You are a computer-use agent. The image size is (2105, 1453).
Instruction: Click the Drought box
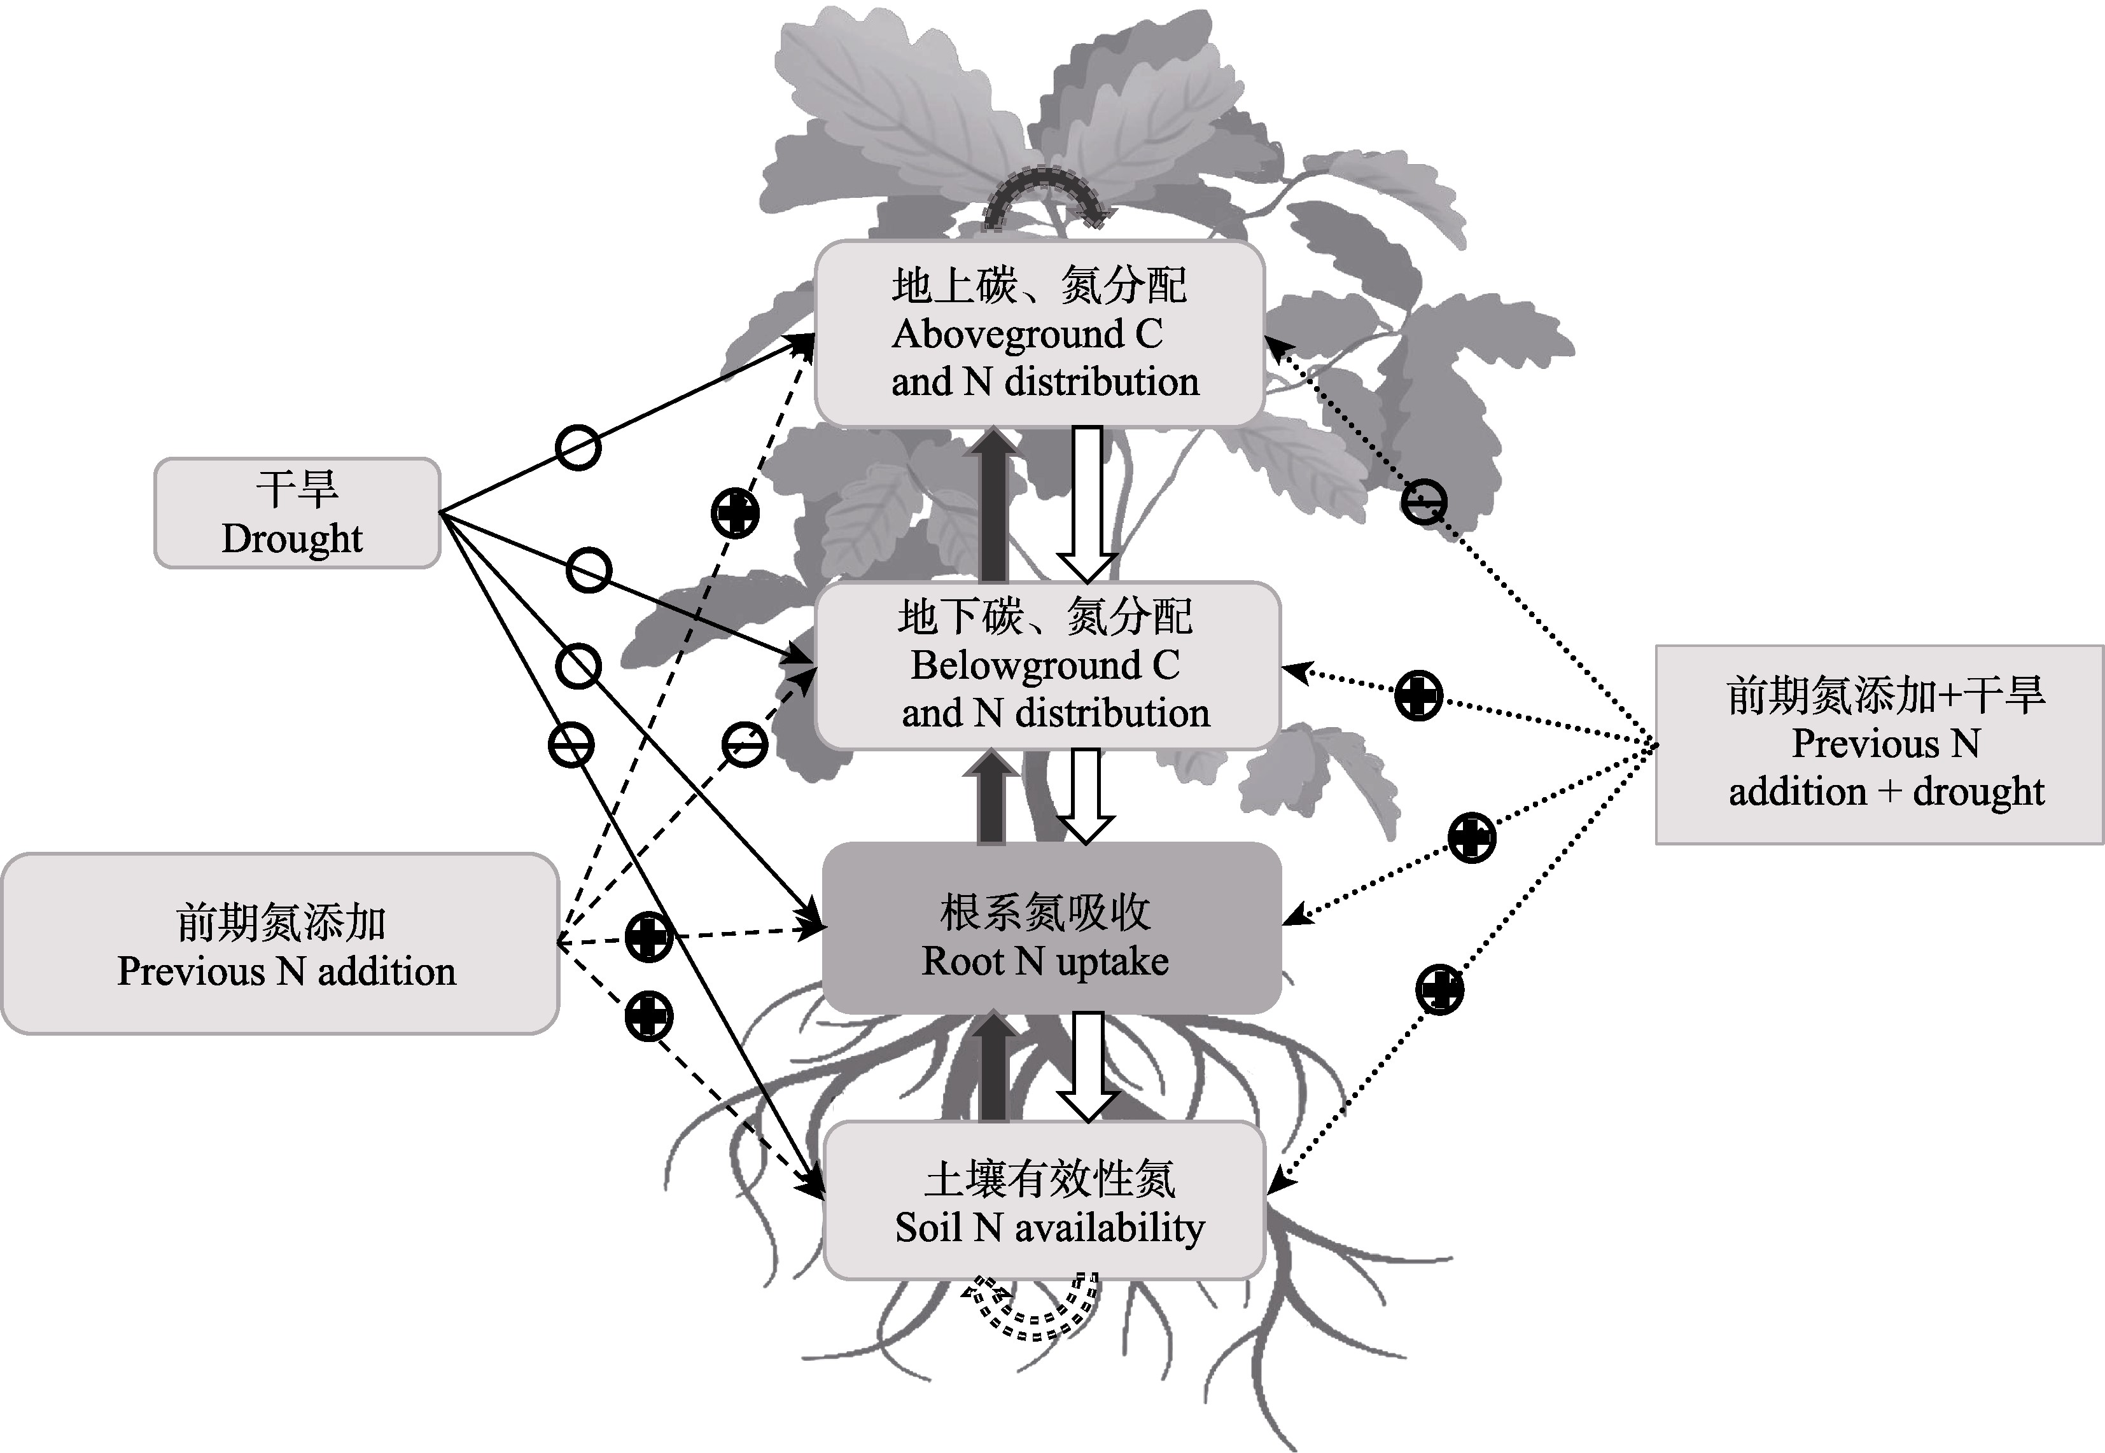[297, 513]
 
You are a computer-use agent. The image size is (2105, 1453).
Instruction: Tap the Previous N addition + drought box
[1879, 745]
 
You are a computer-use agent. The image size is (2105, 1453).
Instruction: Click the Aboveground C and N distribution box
[1039, 333]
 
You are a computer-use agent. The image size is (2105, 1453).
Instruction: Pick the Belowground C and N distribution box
[1047, 665]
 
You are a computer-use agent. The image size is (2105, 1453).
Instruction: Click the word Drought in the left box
[292, 539]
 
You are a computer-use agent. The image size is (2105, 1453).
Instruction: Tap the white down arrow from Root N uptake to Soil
[1087, 1065]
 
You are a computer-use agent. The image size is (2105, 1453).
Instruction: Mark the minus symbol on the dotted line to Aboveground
[1423, 503]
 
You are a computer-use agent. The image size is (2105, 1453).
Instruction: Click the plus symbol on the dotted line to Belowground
[1418, 695]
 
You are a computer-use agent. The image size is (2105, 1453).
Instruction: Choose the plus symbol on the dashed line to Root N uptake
[648, 936]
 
